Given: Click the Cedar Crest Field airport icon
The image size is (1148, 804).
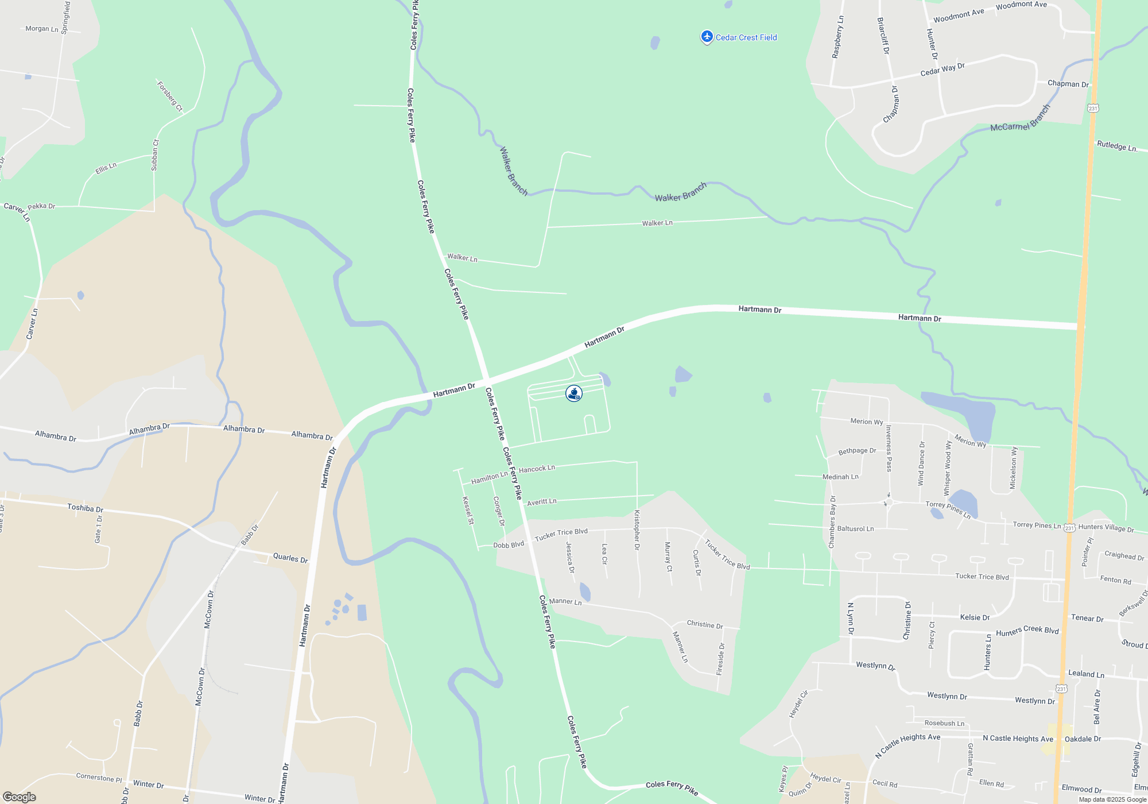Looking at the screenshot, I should pos(707,37).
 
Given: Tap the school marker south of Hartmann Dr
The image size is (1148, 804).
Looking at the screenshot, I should pos(574,393).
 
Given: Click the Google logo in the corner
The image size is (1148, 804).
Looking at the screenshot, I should pos(19,797).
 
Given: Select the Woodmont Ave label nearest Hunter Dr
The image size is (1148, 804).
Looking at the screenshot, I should pos(959,16).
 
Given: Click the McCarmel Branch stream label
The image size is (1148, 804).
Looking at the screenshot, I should pos(1020,119).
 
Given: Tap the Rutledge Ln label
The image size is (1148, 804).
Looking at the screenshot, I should pos(1116,146).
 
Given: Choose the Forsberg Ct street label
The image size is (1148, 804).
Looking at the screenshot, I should pos(170,96).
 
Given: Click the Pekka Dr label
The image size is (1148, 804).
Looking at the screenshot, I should pos(41,206).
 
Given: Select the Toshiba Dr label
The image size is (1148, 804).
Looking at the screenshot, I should pos(85,508).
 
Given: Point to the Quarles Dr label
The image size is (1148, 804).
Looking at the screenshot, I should pos(290,558).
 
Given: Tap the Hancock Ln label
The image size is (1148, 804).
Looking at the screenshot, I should pos(537,469).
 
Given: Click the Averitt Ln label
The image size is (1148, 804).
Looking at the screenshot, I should pos(541,502).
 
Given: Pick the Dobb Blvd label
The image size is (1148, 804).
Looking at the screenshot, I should pos(509,544).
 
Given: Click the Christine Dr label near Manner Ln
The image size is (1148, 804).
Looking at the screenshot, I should pos(705,624).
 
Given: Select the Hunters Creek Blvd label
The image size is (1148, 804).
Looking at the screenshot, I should pos(1027,631).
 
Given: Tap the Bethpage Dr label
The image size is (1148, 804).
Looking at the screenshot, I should pos(857,451).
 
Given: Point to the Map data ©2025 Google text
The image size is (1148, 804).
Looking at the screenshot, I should pos(1112,799).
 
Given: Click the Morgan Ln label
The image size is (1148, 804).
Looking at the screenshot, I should pos(42,29).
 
